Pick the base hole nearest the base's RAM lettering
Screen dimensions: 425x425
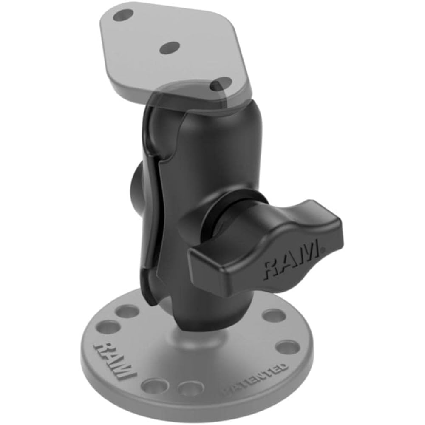pyautogui.click(x=110, y=326)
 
